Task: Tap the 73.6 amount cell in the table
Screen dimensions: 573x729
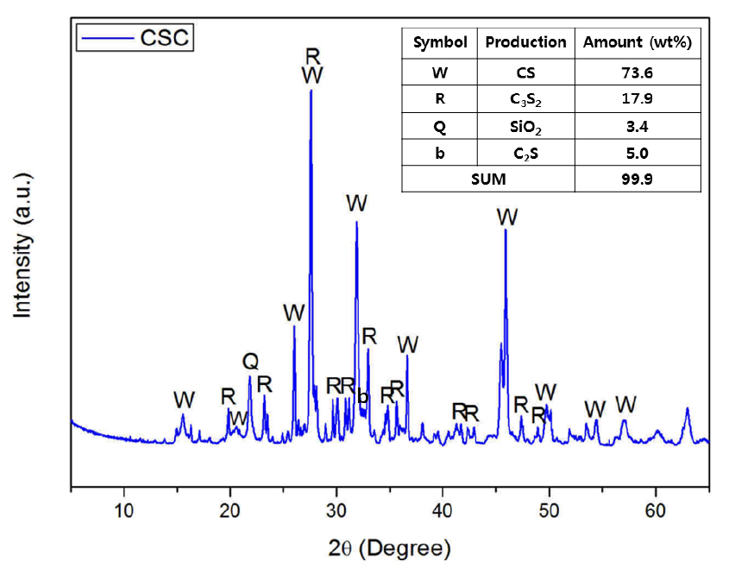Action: click(x=638, y=71)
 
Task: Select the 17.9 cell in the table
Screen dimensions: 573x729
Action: click(x=638, y=98)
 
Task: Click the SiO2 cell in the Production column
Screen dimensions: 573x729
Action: click(x=525, y=126)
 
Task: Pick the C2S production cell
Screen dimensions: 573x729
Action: click(x=525, y=154)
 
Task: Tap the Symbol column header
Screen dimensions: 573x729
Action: click(x=440, y=42)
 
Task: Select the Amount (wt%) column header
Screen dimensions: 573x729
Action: click(x=638, y=42)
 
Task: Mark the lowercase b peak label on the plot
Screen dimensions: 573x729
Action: click(x=362, y=397)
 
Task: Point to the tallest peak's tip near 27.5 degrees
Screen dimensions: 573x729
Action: click(x=311, y=90)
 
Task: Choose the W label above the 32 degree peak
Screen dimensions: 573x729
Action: click(x=356, y=204)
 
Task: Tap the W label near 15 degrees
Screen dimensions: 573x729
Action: click(x=184, y=400)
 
